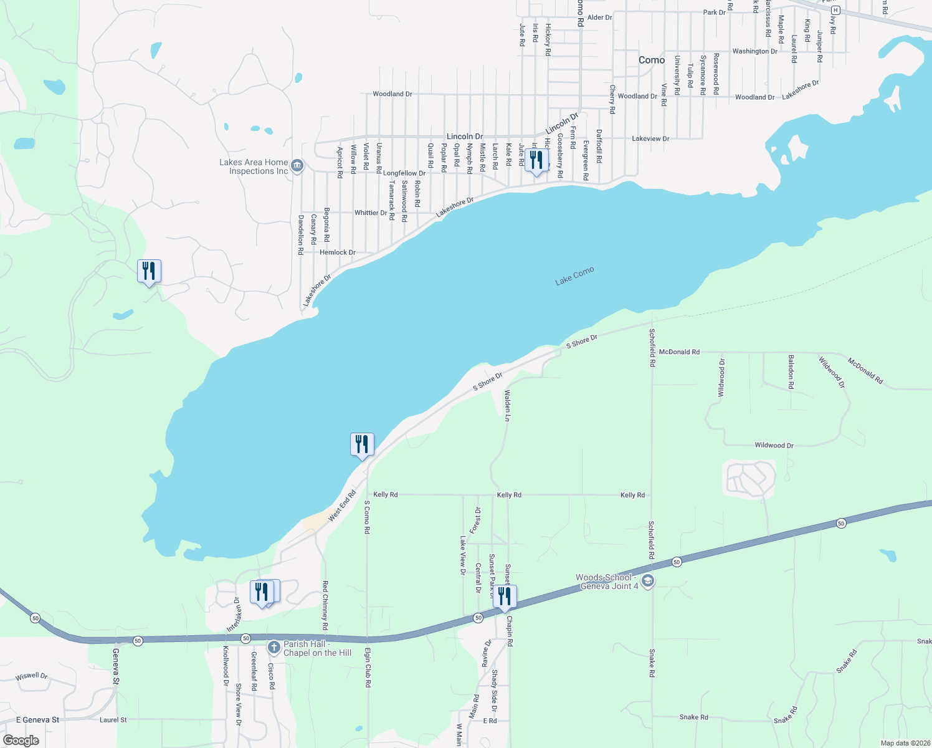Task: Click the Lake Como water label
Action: pos(574,276)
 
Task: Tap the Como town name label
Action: pos(652,60)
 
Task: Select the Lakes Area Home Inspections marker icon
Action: pos(297,166)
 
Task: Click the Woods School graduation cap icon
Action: pos(648,582)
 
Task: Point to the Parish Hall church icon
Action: pos(273,648)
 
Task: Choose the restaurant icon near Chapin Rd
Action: pos(504,597)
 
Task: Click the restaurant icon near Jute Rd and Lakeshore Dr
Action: pos(536,160)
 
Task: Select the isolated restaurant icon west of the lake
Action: pos(149,271)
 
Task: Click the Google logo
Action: pos(21,740)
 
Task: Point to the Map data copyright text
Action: pos(905,743)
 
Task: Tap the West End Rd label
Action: pos(342,506)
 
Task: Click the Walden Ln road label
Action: pos(507,406)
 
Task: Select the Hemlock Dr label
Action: pos(338,252)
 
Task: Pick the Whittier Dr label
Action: pos(371,213)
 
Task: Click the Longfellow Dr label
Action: pos(404,173)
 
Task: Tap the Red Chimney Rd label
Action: pos(325,605)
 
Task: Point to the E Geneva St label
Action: pos(38,720)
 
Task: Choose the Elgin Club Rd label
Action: pos(368,667)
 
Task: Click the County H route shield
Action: pos(835,10)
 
